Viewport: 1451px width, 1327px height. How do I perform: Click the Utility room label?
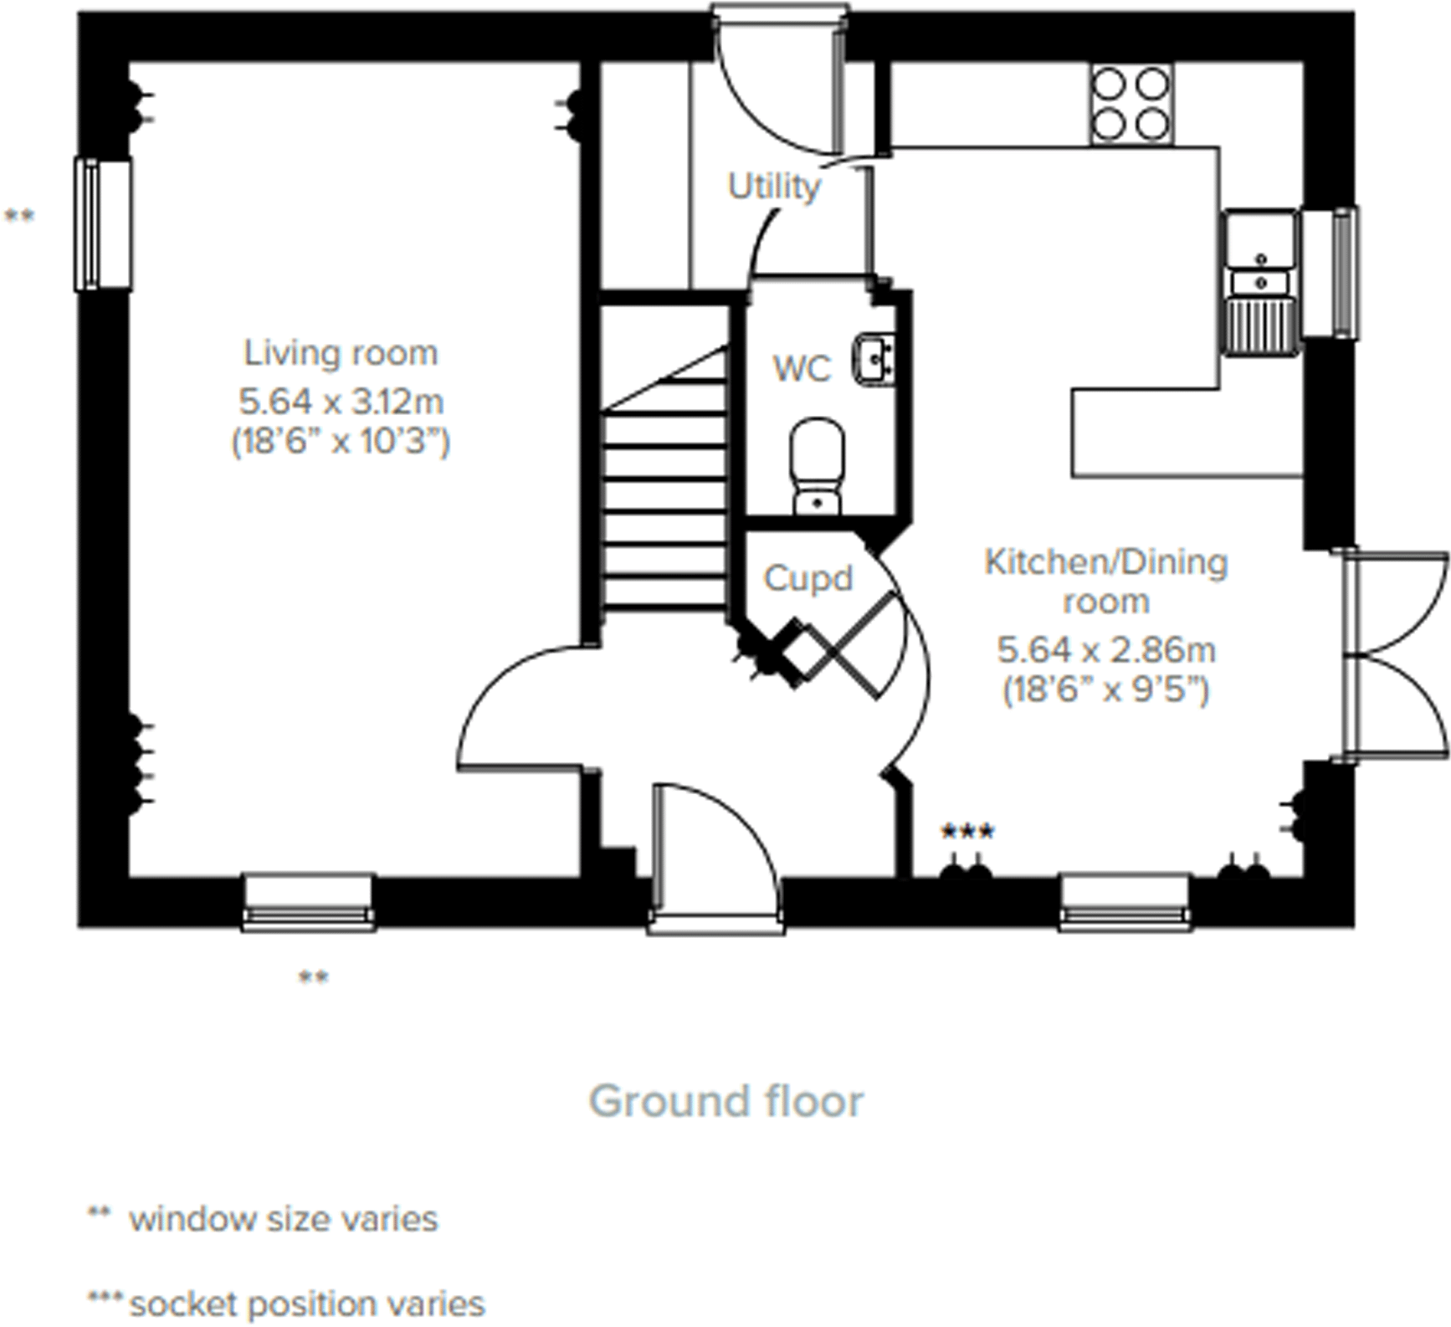pyautogui.click(x=773, y=187)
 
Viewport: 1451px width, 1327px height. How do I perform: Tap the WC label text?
pyautogui.click(x=802, y=369)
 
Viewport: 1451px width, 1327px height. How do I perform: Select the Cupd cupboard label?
pyautogui.click(x=808, y=579)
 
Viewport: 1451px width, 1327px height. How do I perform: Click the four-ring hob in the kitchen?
pyautogui.click(x=1131, y=105)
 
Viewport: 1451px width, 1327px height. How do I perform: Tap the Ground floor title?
pyautogui.click(x=725, y=1101)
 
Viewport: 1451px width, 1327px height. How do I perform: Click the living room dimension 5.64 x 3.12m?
pyautogui.click(x=341, y=402)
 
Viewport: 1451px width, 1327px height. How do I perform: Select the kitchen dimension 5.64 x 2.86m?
pyautogui.click(x=1105, y=650)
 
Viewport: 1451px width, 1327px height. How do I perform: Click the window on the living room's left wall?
pyautogui.click(x=103, y=224)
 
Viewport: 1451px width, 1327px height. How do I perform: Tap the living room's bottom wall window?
pyautogui.click(x=308, y=903)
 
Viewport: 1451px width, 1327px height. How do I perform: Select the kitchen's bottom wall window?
pyautogui.click(x=1125, y=903)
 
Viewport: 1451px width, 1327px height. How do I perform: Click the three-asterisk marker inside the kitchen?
pyautogui.click(x=967, y=832)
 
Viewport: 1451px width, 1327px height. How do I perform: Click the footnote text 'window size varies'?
pyautogui.click(x=283, y=1219)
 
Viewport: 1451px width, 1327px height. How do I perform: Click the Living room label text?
pyautogui.click(x=341, y=353)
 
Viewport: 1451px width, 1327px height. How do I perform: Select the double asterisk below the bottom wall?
pyautogui.click(x=314, y=976)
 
